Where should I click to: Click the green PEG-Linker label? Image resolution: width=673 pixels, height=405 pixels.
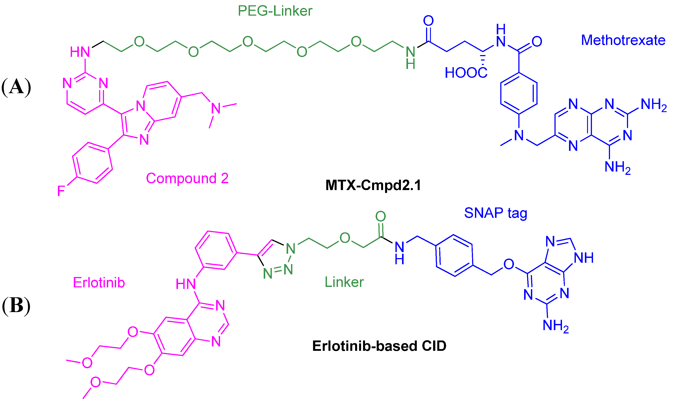tap(275, 11)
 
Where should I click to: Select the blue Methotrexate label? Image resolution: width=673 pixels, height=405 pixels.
tap(623, 40)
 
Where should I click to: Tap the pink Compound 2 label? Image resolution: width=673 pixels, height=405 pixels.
tap(187, 178)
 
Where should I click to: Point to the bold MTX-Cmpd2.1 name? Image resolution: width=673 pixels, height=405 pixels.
tap(373, 185)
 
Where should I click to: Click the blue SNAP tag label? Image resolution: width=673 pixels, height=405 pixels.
tap(495, 213)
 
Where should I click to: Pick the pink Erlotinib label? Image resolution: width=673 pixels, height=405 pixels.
tap(99, 283)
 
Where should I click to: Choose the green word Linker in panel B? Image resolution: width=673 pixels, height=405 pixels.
tap(344, 282)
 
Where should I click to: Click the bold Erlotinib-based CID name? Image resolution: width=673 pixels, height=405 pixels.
tap(379, 346)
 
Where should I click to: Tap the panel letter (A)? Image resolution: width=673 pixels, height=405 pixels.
tap(16, 87)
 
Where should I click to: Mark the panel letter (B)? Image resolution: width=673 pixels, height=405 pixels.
tap(16, 305)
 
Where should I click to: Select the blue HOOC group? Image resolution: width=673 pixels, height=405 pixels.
tap(466, 73)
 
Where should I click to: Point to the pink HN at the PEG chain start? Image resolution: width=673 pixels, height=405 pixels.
tap(80, 52)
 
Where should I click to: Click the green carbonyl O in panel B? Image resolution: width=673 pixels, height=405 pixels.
tap(380, 216)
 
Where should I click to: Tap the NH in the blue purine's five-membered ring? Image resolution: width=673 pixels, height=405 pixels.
tap(584, 258)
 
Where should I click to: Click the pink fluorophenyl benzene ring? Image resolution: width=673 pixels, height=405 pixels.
tap(93, 163)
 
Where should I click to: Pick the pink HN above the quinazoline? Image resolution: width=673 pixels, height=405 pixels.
tap(185, 284)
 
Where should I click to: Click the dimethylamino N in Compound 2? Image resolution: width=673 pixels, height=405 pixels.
tap(216, 108)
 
